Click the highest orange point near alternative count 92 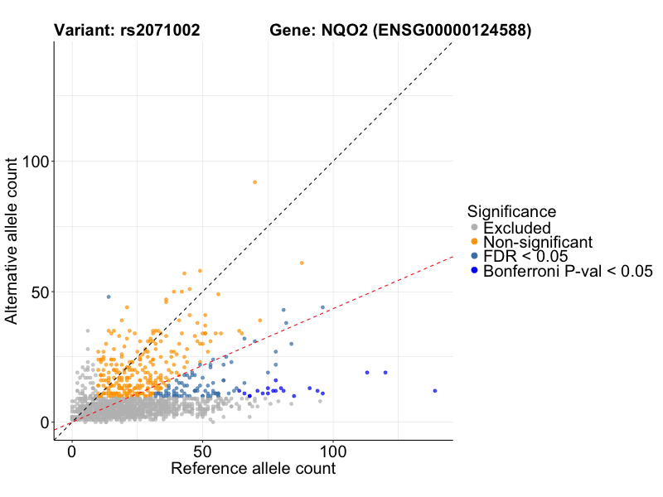click(x=254, y=182)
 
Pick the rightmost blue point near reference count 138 click(x=434, y=391)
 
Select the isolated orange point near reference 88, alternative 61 click(x=302, y=263)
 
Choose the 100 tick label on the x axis click(x=333, y=453)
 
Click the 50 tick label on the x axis click(x=202, y=453)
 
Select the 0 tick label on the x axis click(x=71, y=453)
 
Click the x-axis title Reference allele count click(x=253, y=470)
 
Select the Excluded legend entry click(x=516, y=228)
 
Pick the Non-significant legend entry click(x=538, y=242)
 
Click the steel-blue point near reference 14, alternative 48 click(x=109, y=297)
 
